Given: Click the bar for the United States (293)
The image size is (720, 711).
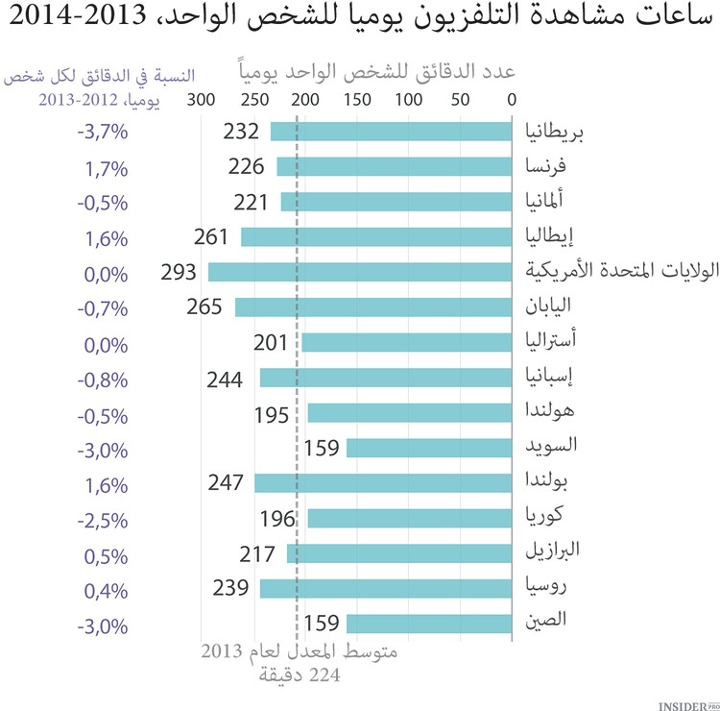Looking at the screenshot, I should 361,272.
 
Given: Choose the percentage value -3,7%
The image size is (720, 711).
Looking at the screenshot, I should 103,133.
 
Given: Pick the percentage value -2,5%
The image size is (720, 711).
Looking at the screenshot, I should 103,521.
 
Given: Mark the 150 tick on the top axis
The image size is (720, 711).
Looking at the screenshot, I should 357,99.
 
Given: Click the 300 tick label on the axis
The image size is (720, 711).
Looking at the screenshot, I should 200,99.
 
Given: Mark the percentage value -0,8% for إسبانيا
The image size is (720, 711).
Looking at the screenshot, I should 103,379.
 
